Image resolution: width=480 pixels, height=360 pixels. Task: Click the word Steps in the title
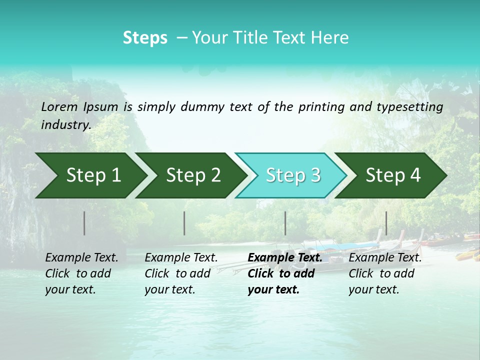[x=145, y=38]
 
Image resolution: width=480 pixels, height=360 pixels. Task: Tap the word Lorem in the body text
[x=59, y=106]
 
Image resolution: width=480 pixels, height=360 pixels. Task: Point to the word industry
[x=66, y=124]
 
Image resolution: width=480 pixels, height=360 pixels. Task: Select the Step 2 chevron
[x=190, y=175]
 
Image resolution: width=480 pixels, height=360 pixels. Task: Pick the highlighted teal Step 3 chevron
[x=291, y=175]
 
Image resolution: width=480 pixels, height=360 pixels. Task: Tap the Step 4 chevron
[x=391, y=175]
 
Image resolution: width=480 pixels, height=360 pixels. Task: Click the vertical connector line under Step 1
[x=84, y=223]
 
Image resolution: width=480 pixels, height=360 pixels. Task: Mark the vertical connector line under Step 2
[x=184, y=223]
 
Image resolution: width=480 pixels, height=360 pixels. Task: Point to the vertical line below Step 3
[x=285, y=223]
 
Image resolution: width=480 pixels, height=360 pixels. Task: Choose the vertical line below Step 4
[x=386, y=223]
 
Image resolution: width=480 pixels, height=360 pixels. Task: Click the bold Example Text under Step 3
[x=285, y=258]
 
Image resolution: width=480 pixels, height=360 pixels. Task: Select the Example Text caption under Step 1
[x=81, y=258]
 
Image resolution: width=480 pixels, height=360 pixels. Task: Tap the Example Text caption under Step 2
[x=181, y=258]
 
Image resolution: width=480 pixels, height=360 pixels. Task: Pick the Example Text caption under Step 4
[x=385, y=258]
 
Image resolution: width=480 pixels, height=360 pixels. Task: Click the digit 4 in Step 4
[x=414, y=175]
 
